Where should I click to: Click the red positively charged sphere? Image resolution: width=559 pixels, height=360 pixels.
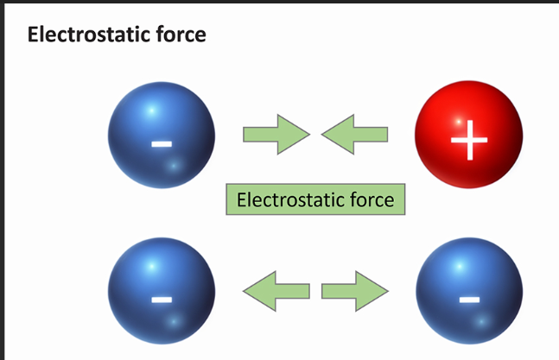(x=468, y=136)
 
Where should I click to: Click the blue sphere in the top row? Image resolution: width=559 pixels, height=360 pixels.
(x=161, y=135)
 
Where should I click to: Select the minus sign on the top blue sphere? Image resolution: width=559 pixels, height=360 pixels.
(x=162, y=142)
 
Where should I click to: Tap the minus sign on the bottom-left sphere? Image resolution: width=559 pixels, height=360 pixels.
(x=162, y=300)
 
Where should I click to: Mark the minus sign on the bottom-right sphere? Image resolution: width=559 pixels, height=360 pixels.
(x=469, y=300)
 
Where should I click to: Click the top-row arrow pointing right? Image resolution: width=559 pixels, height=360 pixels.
(x=276, y=135)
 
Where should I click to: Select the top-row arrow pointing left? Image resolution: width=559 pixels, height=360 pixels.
(x=354, y=135)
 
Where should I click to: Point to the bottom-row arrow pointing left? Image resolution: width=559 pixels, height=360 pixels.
(x=276, y=290)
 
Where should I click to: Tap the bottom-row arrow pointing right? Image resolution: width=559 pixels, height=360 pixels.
(x=354, y=290)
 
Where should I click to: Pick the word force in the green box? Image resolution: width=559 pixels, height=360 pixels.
(x=369, y=200)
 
